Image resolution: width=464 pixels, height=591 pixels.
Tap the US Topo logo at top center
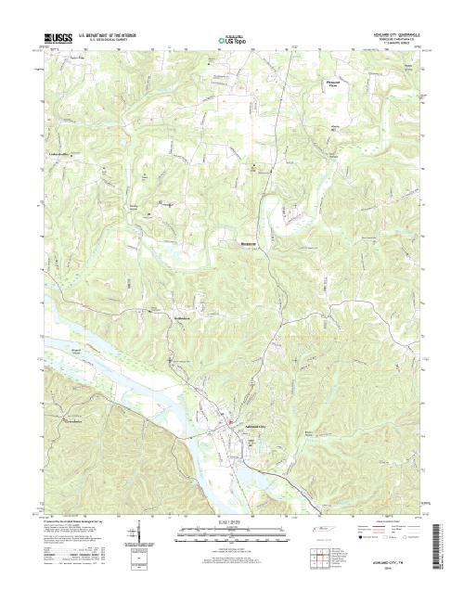pyautogui.click(x=231, y=40)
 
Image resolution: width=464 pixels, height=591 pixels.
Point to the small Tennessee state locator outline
pyautogui.click(x=324, y=528)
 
